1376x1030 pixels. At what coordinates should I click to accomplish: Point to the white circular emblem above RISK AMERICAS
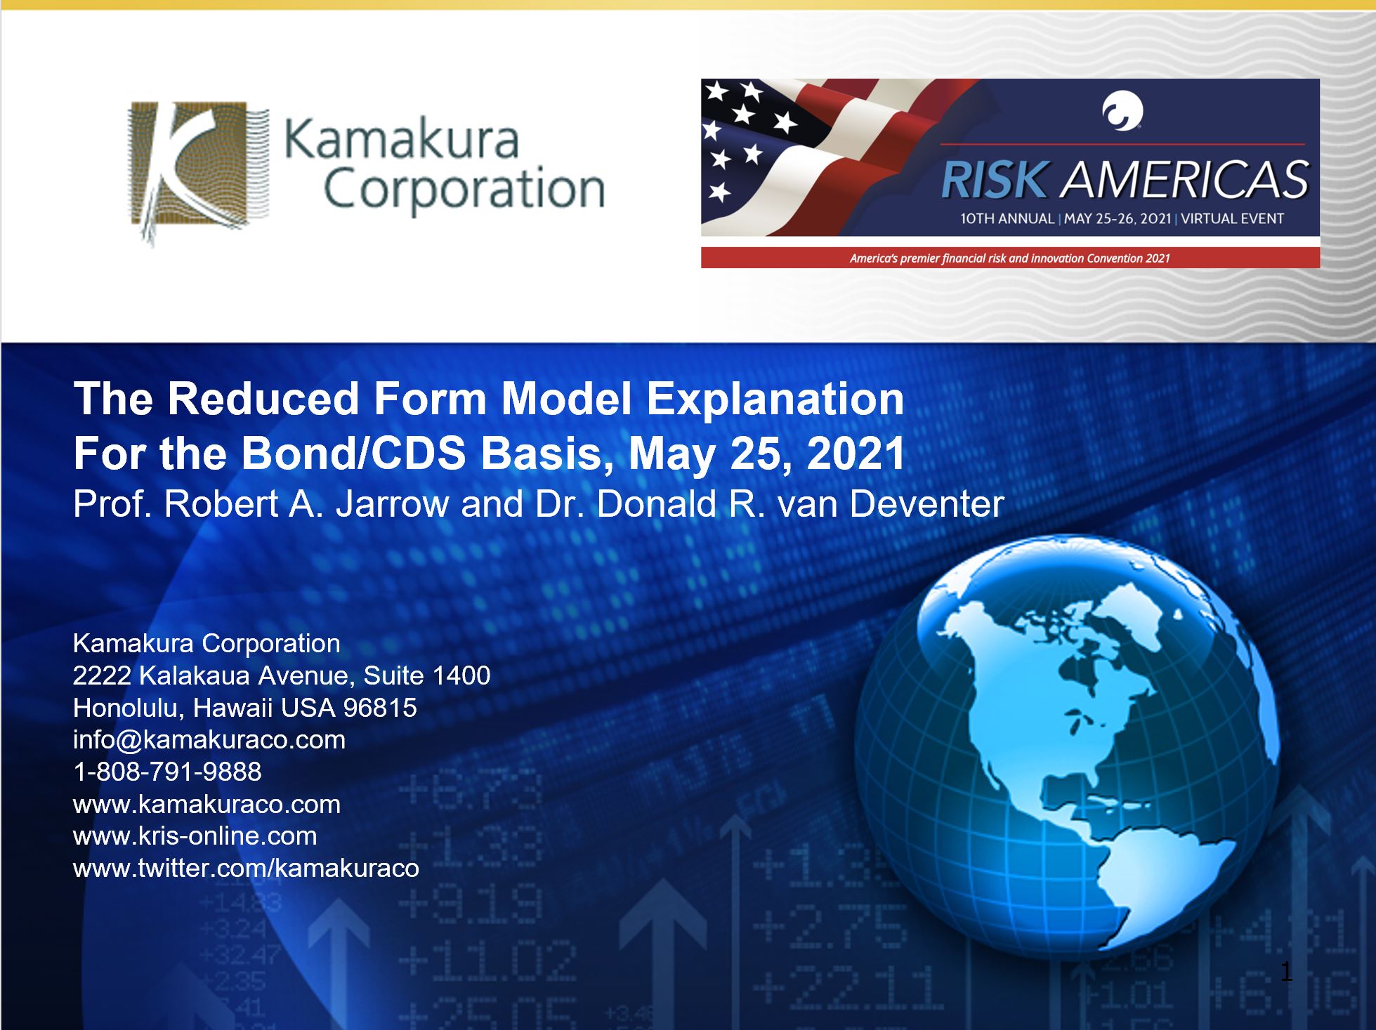(1122, 112)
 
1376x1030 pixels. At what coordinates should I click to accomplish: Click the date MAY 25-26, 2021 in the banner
(1117, 218)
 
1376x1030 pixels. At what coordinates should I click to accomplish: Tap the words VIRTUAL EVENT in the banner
(1232, 218)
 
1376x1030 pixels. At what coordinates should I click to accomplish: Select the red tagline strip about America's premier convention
(1010, 258)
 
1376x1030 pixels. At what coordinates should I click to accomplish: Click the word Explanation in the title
(775, 400)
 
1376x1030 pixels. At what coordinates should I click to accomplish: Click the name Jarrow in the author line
(392, 504)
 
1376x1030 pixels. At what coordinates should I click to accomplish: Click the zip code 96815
(380, 708)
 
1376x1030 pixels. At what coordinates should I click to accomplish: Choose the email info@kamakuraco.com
(209, 740)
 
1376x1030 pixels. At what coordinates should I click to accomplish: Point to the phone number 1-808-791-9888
(167, 772)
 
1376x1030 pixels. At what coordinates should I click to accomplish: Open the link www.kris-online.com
(195, 836)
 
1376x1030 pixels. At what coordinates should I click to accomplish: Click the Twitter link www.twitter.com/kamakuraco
(246, 869)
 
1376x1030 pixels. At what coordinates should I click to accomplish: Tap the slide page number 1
(1286, 972)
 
